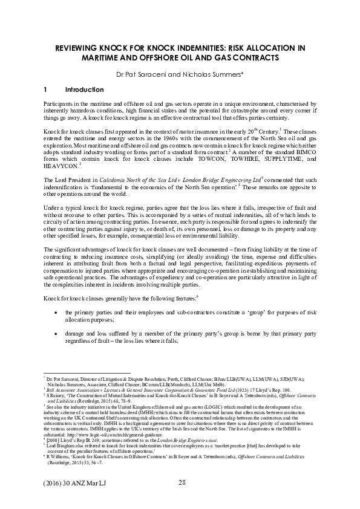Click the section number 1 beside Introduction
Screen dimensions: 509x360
pyautogui.click(x=45, y=89)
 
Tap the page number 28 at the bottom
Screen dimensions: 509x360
pyautogui.click(x=182, y=482)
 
